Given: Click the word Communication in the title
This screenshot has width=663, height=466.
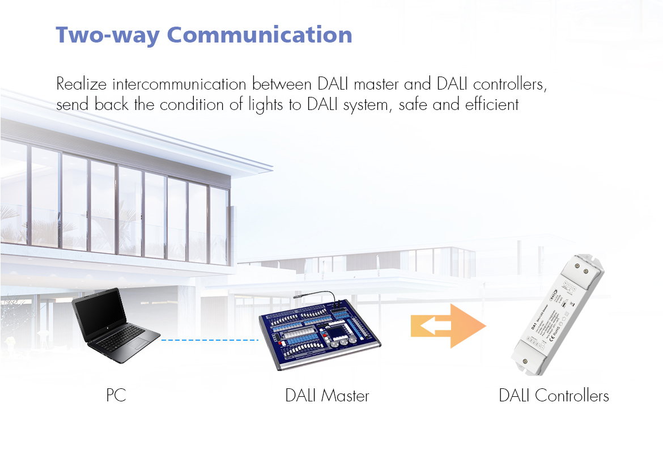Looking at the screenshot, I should coord(260,35).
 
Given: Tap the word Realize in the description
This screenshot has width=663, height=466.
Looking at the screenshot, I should coord(82,85).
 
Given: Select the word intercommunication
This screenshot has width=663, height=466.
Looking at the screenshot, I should coord(179,85).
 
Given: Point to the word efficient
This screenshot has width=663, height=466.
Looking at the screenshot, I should coord(491,105).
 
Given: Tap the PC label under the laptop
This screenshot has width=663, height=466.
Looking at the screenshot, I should coord(116,395).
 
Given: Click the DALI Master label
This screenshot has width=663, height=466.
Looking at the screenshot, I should coord(327,395).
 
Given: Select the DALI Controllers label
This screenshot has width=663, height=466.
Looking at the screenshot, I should coord(554,395).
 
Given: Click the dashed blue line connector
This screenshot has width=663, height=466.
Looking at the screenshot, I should coord(210,340).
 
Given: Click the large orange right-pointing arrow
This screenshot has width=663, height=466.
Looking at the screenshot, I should coord(467,326).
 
